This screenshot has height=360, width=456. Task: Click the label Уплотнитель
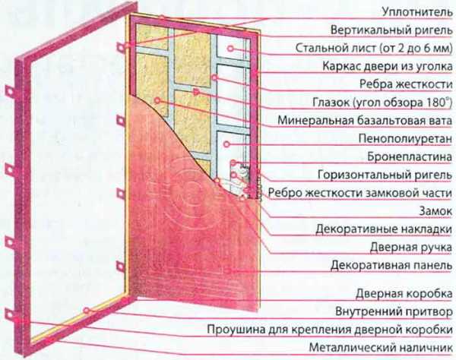point(417,12)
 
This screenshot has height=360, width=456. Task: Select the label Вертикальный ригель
point(391,30)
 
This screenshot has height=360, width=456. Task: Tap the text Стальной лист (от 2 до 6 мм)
point(374,49)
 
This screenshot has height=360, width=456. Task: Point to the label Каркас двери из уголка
point(388,66)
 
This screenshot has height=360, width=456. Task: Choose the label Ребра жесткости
point(406,84)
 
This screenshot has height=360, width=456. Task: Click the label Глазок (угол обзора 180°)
point(382,103)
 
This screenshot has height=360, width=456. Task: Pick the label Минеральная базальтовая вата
point(365,120)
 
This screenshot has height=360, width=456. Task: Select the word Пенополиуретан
point(405,138)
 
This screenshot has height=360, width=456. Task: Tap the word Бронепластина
point(410,156)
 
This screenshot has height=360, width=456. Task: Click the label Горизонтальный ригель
point(385,175)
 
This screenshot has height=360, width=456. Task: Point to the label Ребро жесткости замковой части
point(360,193)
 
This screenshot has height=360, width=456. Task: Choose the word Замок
point(435,211)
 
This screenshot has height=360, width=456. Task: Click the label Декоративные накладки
point(384,229)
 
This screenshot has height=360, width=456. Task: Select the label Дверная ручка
point(411,248)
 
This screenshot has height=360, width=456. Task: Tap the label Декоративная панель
point(391,265)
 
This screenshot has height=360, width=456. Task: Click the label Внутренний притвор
point(394,311)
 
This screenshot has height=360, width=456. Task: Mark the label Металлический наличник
point(381,348)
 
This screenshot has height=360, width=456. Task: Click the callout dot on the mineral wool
point(157,100)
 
